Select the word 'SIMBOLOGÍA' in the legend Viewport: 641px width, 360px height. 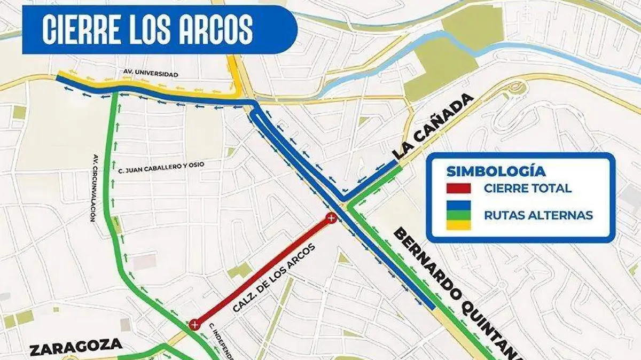[496, 171]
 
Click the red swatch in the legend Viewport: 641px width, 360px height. [459, 188]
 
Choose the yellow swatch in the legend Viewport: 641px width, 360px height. [459, 225]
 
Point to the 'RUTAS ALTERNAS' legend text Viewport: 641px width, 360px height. [538, 215]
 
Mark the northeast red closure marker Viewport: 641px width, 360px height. [331, 217]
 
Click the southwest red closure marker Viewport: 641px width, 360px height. [194, 324]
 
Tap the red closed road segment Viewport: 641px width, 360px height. [262, 271]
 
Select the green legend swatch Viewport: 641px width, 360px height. [459, 215]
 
